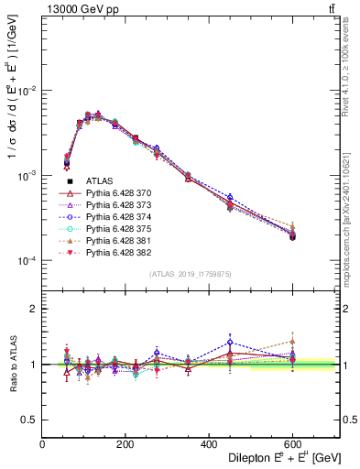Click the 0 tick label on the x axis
click(42, 444)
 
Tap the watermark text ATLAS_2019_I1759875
click(190, 273)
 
